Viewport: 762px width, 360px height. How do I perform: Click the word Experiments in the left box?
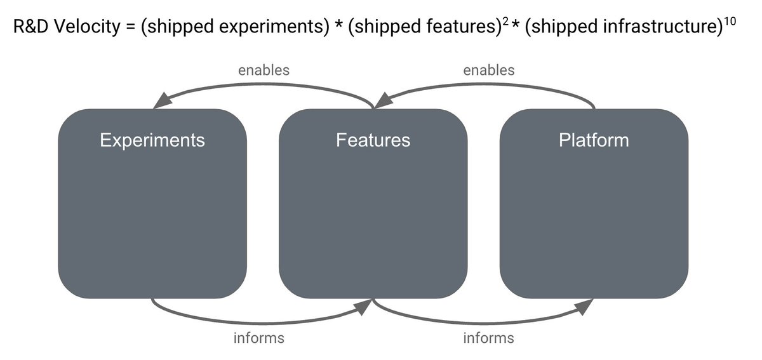(x=152, y=140)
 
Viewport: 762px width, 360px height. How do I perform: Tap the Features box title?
(x=373, y=140)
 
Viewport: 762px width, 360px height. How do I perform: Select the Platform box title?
(x=594, y=140)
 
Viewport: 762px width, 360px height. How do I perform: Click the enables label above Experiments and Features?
(x=264, y=70)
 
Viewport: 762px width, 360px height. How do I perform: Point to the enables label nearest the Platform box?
(x=489, y=70)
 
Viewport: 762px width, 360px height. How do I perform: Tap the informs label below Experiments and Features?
(x=259, y=338)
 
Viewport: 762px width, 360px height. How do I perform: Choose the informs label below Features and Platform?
(x=488, y=338)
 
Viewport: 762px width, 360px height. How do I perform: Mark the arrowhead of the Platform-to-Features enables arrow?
(x=383, y=100)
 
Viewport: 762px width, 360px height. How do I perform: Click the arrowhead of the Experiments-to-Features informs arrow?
(x=363, y=307)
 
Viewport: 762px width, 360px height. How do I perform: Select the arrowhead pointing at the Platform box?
(x=584, y=307)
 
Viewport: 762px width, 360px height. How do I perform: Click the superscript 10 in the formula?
(x=730, y=22)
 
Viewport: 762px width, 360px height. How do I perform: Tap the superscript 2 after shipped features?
(x=505, y=22)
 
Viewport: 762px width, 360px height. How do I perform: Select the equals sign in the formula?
(x=131, y=27)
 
